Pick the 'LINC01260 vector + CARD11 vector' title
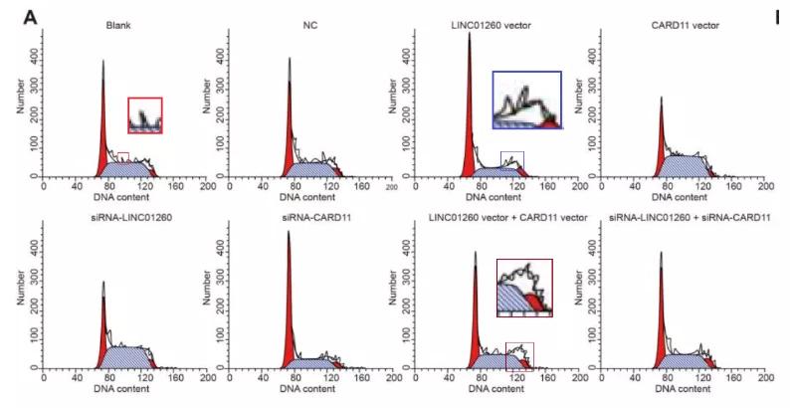(x=494, y=215)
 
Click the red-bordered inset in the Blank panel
(x=144, y=114)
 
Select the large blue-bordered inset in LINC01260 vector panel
(x=526, y=100)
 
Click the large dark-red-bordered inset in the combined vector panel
(x=523, y=287)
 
